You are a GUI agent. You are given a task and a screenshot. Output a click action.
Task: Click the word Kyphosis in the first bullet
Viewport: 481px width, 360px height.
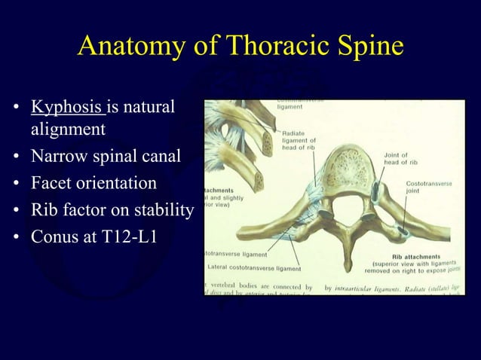pos(66,107)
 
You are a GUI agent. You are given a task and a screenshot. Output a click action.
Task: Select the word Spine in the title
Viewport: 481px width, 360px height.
pos(366,47)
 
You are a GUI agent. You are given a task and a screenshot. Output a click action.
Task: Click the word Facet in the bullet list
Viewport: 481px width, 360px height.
pos(52,184)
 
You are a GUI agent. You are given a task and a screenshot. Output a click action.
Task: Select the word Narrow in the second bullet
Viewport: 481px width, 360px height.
pos(58,158)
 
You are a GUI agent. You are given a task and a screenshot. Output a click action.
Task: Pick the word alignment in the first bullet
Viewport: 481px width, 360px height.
pos(68,130)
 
